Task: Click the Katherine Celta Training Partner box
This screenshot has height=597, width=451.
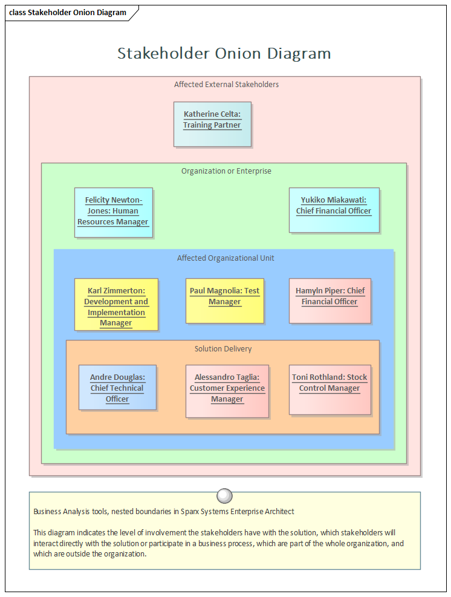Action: pyautogui.click(x=212, y=124)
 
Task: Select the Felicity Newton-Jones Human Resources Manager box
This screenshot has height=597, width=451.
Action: pyautogui.click(x=113, y=212)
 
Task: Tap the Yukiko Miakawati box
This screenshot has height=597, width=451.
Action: pyautogui.click(x=334, y=210)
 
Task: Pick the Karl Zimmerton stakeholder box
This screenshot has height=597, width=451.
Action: pyautogui.click(x=116, y=304)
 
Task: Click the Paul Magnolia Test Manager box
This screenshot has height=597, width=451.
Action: pyautogui.click(x=224, y=301)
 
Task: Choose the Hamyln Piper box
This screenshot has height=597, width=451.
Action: pyautogui.click(x=329, y=301)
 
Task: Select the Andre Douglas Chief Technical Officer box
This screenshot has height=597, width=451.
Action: pyautogui.click(x=117, y=387)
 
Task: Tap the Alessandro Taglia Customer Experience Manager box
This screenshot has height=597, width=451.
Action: pyautogui.click(x=227, y=391)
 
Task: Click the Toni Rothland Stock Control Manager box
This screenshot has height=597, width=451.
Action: pyautogui.click(x=329, y=389)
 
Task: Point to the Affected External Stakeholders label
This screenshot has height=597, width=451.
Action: pyautogui.click(x=226, y=85)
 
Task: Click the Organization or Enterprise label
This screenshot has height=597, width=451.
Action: pyautogui.click(x=226, y=171)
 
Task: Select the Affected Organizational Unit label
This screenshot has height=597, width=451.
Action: pyautogui.click(x=225, y=258)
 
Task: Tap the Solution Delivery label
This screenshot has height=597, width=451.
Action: pyautogui.click(x=223, y=349)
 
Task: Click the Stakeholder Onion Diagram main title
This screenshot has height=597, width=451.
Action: pyautogui.click(x=224, y=53)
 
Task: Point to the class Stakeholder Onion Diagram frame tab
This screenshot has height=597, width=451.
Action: pyautogui.click(x=68, y=13)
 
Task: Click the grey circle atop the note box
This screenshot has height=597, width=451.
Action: pyautogui.click(x=224, y=496)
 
